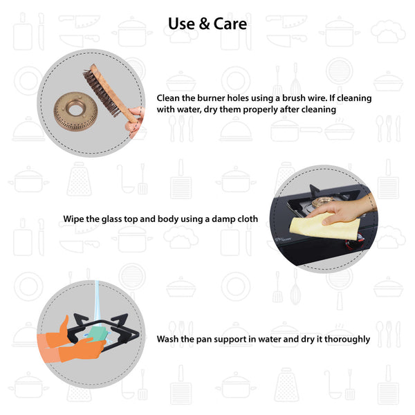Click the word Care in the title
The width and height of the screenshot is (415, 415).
coord(230,24)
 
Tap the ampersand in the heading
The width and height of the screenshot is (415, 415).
coord(204,24)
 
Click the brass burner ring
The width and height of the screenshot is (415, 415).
coord(75,111)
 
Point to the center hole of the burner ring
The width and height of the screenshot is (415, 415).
coord(75,108)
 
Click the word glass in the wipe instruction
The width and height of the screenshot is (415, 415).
coord(111,219)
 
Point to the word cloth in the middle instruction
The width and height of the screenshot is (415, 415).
coord(247,219)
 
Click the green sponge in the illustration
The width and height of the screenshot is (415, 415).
coord(98,334)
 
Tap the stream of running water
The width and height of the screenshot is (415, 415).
coord(98,304)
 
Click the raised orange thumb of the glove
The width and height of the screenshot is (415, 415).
coord(64,326)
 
